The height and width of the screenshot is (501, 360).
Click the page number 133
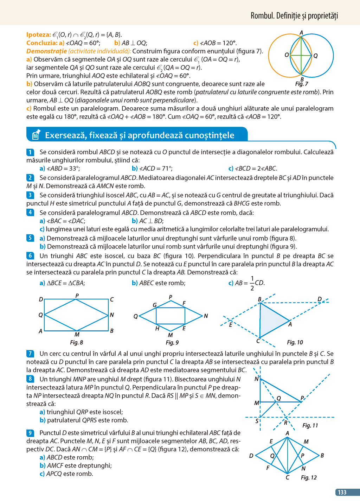point(342,492)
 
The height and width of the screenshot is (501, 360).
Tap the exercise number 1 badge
point(30,152)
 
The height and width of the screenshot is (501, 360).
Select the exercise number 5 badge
point(30,238)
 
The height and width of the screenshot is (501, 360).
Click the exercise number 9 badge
point(30,433)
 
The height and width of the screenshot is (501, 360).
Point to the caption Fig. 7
point(302,84)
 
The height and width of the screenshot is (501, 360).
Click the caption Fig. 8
point(76,342)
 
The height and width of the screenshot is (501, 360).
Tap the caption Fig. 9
point(172,343)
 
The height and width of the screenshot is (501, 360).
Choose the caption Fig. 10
point(295,342)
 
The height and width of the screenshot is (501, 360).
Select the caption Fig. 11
point(310,425)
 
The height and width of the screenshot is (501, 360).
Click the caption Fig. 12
point(309,477)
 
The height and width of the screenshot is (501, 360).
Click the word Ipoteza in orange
point(39,35)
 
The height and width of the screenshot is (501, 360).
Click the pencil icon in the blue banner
point(36,135)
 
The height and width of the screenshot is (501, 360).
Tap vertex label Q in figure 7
point(315,56)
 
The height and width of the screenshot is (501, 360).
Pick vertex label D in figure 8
point(41,299)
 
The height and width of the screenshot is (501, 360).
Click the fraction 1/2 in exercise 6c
point(252,283)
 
